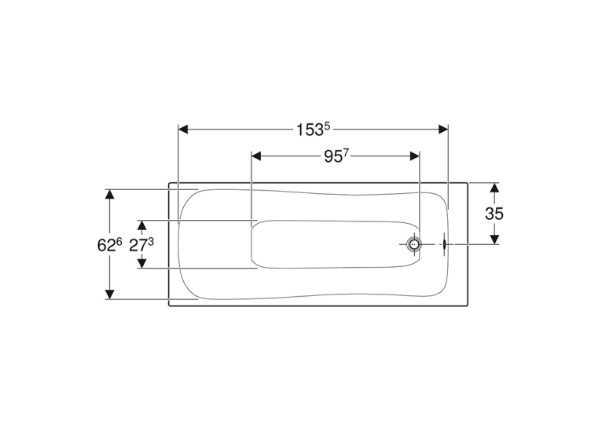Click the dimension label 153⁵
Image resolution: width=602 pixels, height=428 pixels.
coord(313,130)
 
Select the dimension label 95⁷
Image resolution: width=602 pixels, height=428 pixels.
coord(336,155)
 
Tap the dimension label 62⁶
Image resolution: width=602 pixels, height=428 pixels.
coord(109,245)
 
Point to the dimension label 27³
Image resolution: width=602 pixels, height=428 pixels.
coord(141,245)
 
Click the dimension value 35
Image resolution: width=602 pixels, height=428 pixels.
coord(494,214)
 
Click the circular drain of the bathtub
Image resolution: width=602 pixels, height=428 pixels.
coord(414,244)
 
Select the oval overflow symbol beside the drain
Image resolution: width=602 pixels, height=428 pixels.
coord(444,244)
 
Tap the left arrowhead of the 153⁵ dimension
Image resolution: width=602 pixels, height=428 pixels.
coord(183,130)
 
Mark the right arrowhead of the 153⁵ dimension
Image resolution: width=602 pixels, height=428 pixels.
coord(443,130)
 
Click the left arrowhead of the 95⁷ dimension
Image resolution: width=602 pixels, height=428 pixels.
coord(256,156)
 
